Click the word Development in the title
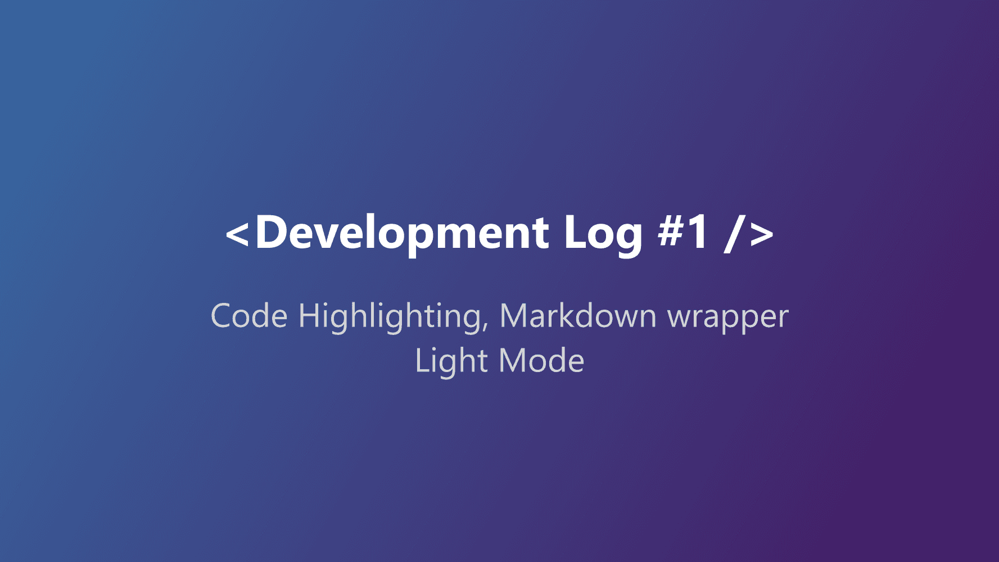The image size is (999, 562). coord(402,233)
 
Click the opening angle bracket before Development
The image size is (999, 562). coord(237,234)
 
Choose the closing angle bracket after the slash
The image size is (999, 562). coord(762,234)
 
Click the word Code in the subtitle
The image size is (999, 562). coord(249,315)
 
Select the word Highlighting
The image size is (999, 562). coord(390,318)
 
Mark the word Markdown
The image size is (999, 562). coord(578,315)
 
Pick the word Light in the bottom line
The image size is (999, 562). coord(451,361)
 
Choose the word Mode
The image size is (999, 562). coord(541,360)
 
